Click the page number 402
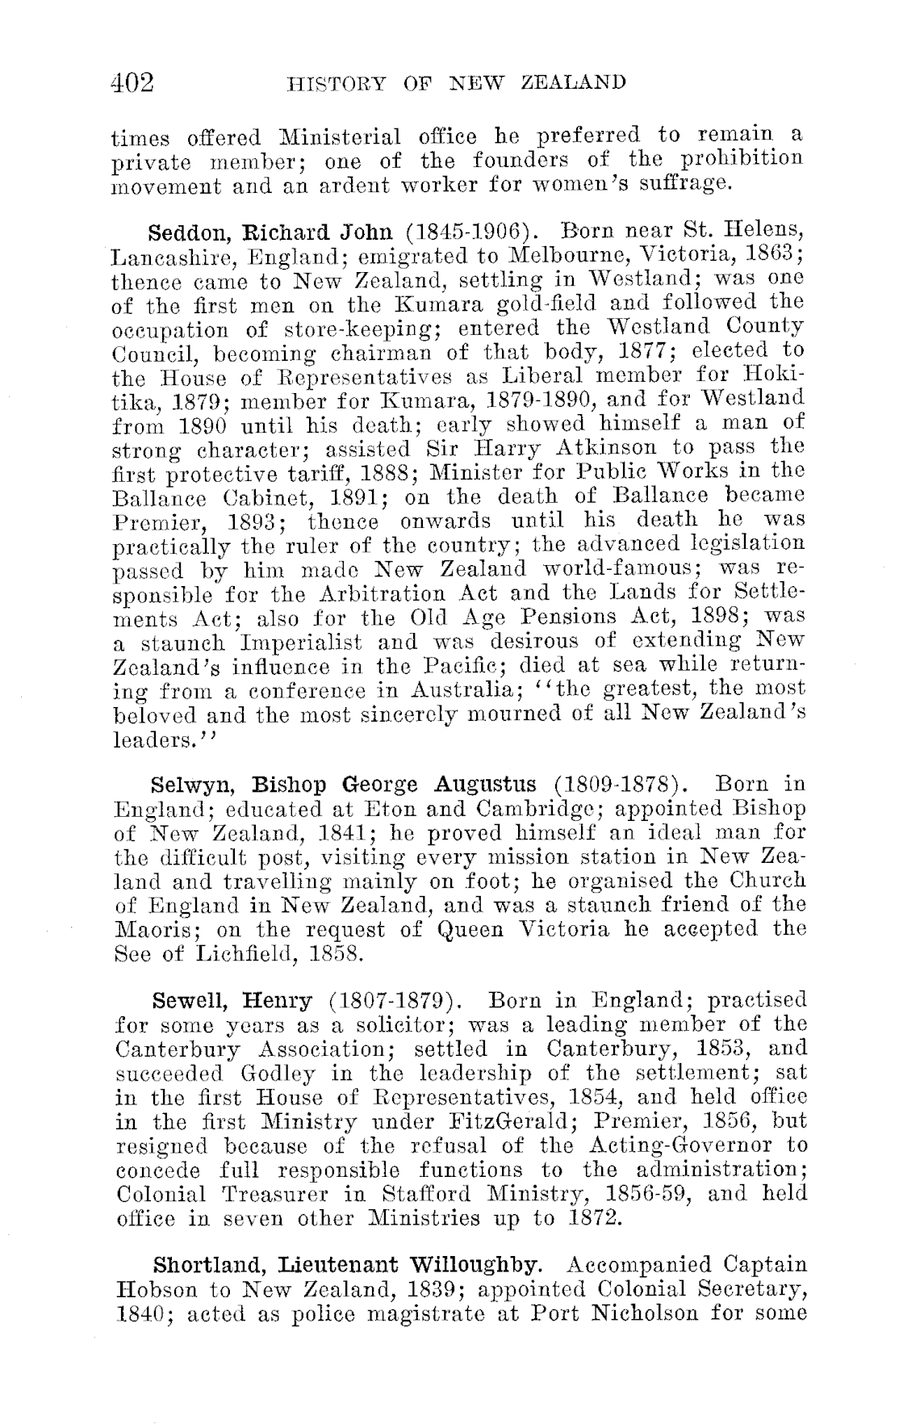(x=133, y=82)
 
